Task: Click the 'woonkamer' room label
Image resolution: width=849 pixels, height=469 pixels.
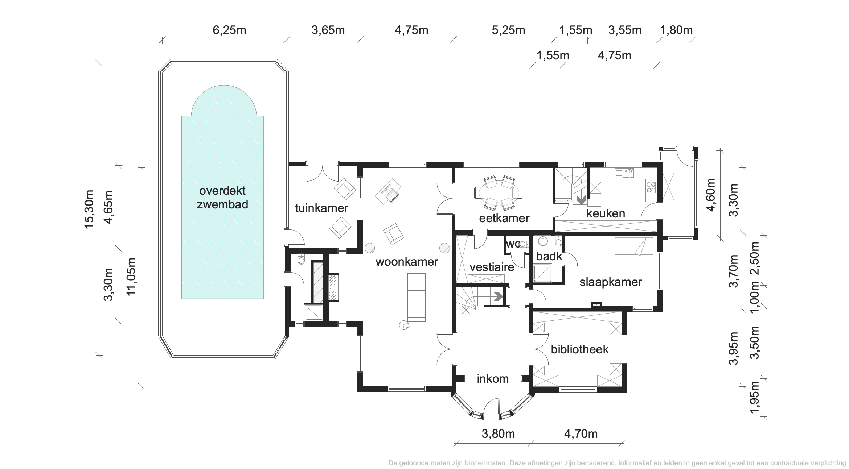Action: pos(407,261)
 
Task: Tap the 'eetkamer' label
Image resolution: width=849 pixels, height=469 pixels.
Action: pos(504,218)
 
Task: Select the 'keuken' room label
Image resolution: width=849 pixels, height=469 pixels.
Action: pos(606,213)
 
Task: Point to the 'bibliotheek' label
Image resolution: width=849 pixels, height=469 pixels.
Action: pos(580,349)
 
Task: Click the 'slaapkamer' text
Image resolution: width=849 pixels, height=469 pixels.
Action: pos(611,282)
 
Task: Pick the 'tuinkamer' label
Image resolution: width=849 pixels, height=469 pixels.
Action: pos(321,208)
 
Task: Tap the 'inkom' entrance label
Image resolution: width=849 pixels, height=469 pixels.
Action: pos(493,379)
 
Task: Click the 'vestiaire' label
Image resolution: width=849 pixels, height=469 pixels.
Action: pos(492,267)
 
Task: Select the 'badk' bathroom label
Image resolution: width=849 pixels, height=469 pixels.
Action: pos(549,256)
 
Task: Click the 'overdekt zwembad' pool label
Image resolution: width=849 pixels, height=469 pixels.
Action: pos(222,198)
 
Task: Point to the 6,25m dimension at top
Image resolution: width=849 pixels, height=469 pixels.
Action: pos(229,30)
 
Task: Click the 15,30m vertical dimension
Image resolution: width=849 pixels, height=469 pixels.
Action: pos(89,209)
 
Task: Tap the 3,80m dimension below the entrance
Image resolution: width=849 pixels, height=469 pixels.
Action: pos(498,434)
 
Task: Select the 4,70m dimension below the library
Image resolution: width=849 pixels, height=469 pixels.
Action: pos(581,434)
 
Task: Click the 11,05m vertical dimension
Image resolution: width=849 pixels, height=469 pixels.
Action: pos(131,277)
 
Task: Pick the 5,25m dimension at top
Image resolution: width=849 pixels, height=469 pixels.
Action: pos(508,30)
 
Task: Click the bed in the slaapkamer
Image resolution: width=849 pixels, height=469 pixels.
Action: pos(633,246)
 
